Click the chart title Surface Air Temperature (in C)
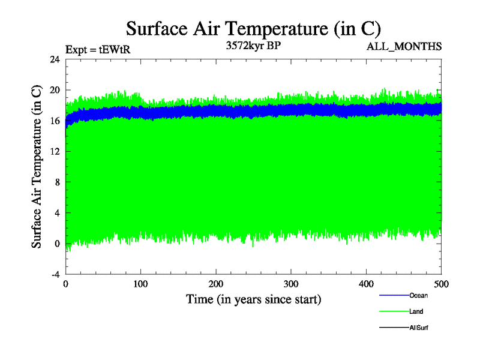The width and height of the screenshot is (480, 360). [253, 28]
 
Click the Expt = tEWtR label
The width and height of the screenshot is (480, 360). [98, 50]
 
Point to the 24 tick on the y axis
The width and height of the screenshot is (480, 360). [55, 59]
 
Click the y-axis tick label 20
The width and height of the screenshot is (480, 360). [55, 90]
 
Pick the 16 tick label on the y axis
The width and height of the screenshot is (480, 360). [55, 121]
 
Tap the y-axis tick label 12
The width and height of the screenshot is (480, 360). [55, 151]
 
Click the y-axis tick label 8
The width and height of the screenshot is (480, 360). [57, 182]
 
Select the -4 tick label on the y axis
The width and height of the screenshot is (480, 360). [55, 274]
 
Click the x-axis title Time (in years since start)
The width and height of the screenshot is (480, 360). [253, 299]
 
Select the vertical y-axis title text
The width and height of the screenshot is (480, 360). [37, 167]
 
